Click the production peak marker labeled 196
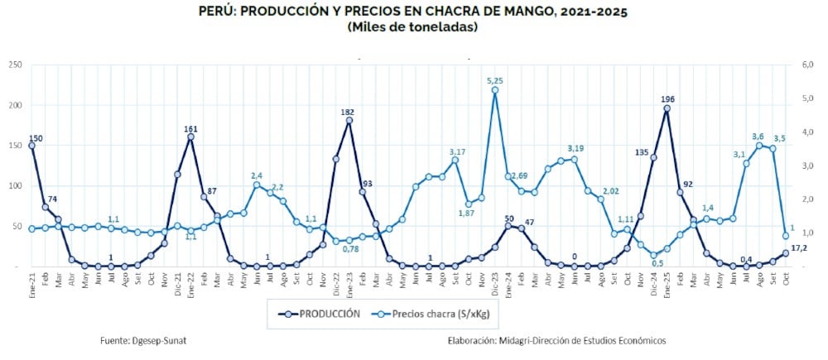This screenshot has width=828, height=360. click(x=667, y=108)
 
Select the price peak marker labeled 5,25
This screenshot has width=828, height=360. click(x=495, y=91)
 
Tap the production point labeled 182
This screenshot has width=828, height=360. click(x=349, y=120)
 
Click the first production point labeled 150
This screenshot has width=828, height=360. click(x=31, y=146)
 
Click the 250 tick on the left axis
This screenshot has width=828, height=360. click(x=14, y=65)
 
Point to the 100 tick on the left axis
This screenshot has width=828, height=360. click(x=14, y=186)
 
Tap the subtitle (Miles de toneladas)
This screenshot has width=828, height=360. click(x=413, y=27)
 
